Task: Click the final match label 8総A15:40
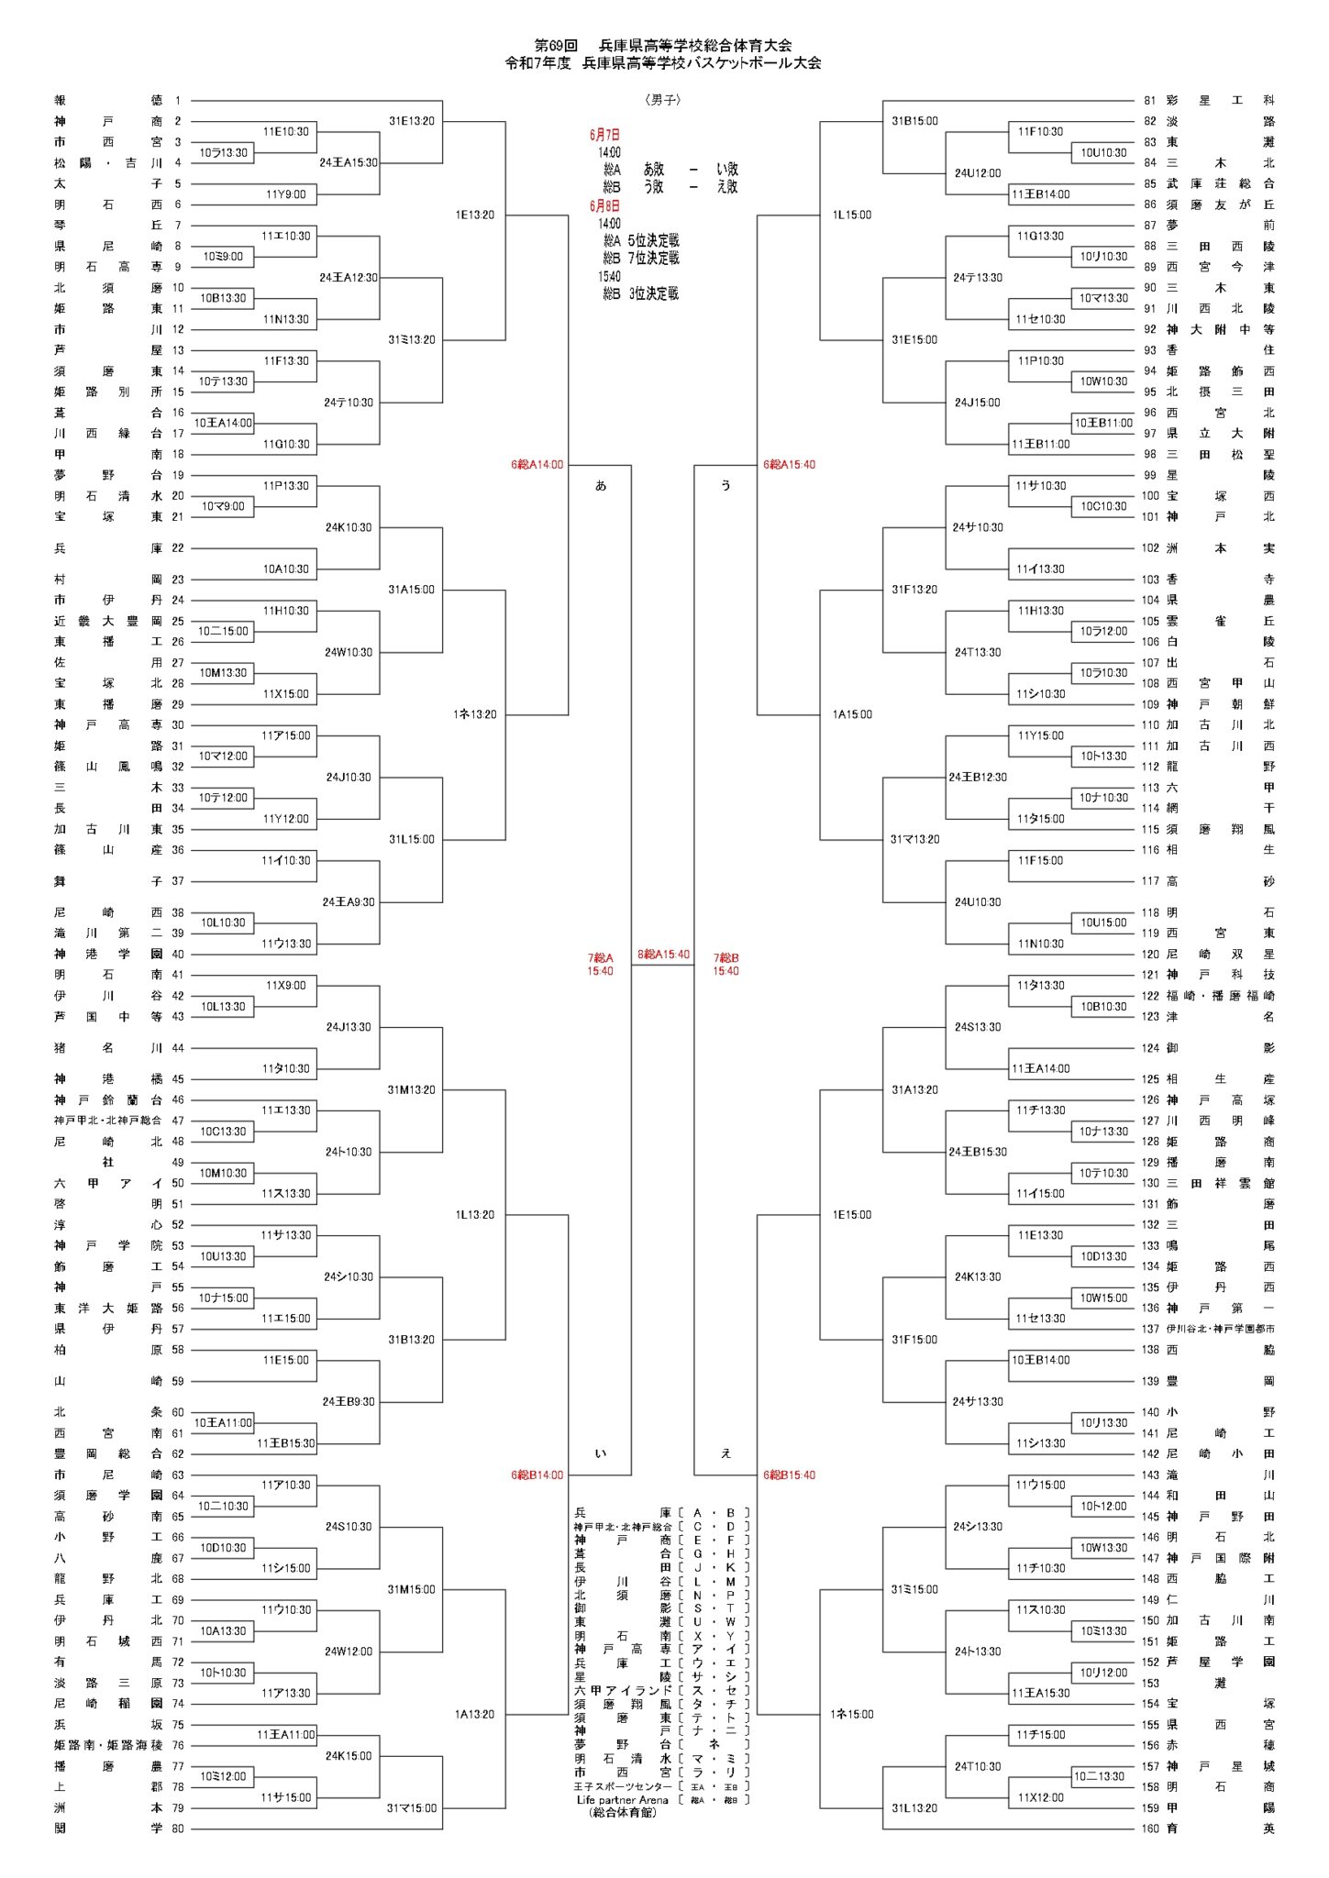click(x=663, y=955)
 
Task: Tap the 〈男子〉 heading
click(x=663, y=100)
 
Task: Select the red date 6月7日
click(x=604, y=135)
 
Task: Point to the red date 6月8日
click(x=604, y=206)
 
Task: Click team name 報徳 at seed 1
click(x=107, y=101)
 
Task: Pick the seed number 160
click(x=1150, y=1828)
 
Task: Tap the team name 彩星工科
click(x=1220, y=101)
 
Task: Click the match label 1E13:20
click(x=474, y=215)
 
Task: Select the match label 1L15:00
click(x=852, y=215)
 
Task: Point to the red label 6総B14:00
click(x=537, y=1475)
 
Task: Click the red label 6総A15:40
click(x=789, y=465)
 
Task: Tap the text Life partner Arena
click(x=623, y=1800)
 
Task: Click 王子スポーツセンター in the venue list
click(x=623, y=1786)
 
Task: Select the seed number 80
click(x=178, y=1828)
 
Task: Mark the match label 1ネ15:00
click(x=852, y=1715)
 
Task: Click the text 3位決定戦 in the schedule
click(x=654, y=294)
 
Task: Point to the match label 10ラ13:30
click(x=224, y=153)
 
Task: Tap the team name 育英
click(x=1220, y=1828)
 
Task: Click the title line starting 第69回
click(x=663, y=45)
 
